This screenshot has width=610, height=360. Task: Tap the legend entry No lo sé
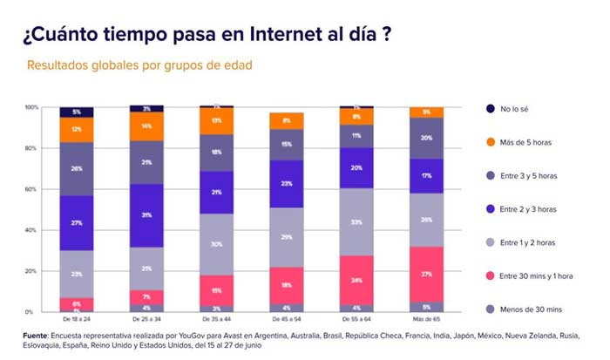tap(519, 109)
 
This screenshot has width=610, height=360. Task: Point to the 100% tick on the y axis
tap(31, 107)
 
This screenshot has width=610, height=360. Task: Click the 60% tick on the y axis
tap(33, 189)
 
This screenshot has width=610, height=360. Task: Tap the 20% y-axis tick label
tap(33, 271)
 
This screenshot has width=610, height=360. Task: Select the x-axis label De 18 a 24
tap(77, 320)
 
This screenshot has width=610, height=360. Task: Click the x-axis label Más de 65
tap(426, 320)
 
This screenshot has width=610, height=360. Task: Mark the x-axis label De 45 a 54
tap(286, 320)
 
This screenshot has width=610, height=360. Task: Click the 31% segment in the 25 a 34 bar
tap(146, 215)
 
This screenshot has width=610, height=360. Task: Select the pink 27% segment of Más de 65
tap(426, 274)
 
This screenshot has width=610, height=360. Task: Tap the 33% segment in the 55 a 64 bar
tap(356, 222)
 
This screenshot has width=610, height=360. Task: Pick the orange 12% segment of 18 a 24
tap(77, 129)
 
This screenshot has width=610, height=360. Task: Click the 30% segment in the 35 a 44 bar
tap(216, 244)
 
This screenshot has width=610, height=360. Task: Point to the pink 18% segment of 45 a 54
tap(286, 285)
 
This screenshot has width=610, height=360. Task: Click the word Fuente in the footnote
tap(33, 335)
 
